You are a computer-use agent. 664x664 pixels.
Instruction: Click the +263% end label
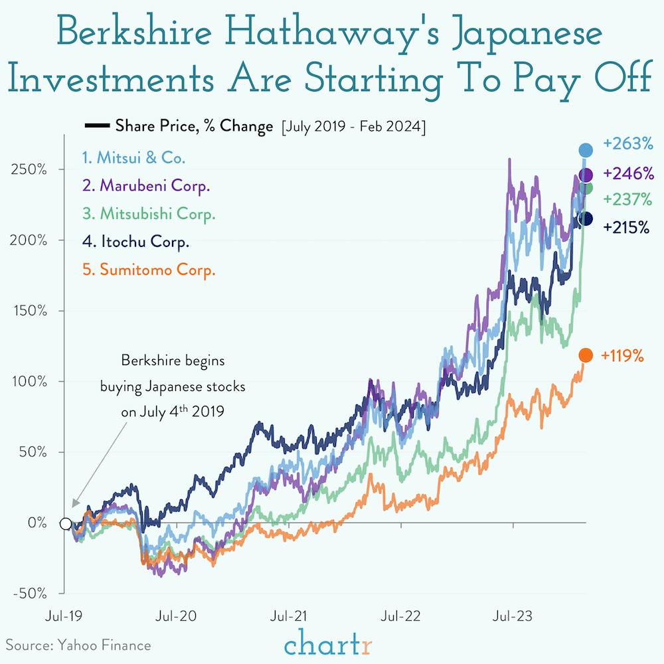click(628, 143)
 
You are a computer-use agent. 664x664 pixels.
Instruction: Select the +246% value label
click(628, 174)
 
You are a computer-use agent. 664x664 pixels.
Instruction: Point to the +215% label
click(626, 227)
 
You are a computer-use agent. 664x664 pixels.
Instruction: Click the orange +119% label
click(622, 356)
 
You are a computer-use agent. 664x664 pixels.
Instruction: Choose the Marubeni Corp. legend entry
click(146, 186)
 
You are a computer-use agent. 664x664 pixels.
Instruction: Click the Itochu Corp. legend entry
click(135, 242)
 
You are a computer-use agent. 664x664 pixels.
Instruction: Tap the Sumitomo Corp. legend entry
click(149, 270)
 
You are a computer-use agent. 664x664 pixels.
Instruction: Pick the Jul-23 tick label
click(513, 617)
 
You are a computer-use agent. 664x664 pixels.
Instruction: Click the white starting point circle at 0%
click(65, 523)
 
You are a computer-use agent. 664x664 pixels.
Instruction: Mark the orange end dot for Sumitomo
click(585, 356)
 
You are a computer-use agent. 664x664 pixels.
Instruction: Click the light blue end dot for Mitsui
click(585, 150)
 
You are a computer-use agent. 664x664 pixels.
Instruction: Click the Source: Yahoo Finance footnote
click(79, 645)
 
